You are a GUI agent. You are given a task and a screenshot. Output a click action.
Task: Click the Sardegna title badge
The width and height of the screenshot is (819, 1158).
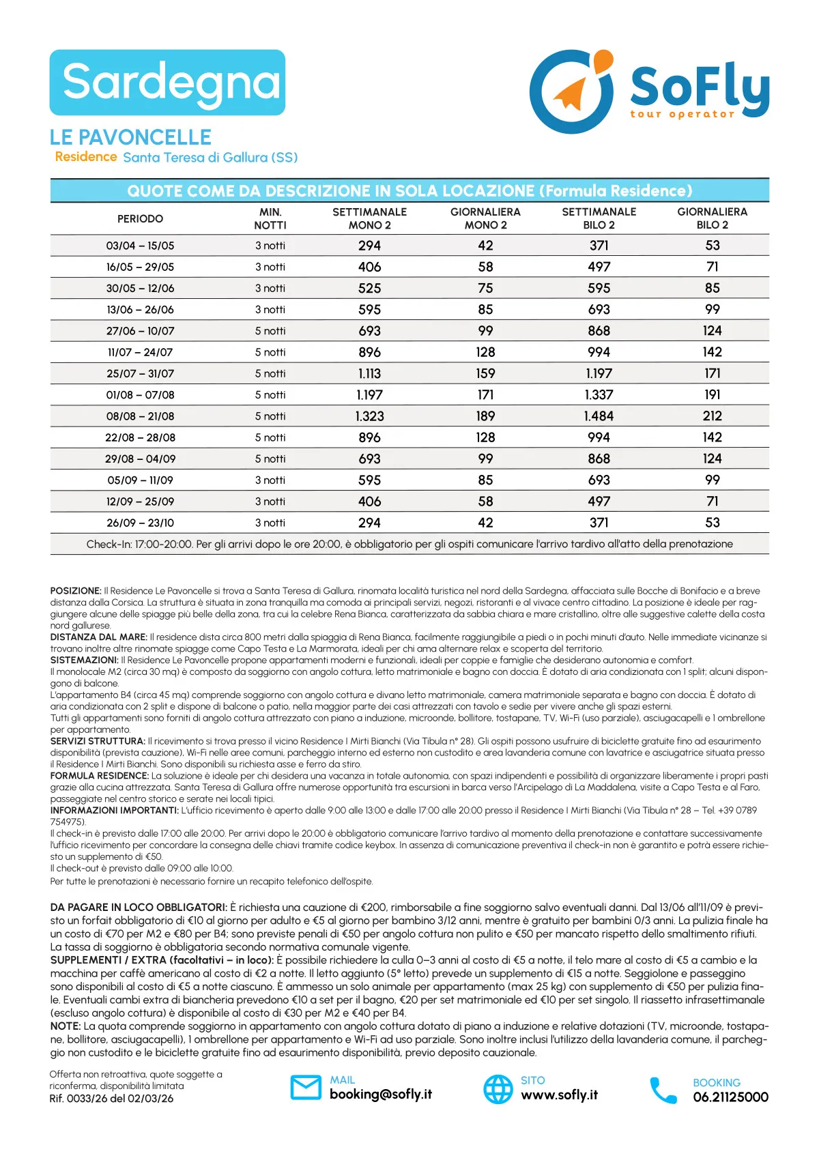pos(167,83)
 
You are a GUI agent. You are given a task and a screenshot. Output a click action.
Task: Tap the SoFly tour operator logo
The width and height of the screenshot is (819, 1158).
pos(649,91)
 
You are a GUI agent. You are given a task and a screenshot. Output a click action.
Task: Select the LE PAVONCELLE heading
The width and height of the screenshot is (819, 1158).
pos(130,137)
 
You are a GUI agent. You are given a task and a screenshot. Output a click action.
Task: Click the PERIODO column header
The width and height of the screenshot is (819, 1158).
pos(140,218)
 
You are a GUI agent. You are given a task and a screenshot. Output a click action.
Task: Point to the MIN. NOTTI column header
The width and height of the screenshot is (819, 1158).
pos(270,218)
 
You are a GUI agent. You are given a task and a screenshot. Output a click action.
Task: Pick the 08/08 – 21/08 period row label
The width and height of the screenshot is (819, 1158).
pos(140,416)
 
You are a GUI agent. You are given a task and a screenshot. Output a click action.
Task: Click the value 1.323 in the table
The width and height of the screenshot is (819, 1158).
pos(369,416)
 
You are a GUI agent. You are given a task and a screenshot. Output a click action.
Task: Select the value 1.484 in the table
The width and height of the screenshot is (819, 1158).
pos(599,416)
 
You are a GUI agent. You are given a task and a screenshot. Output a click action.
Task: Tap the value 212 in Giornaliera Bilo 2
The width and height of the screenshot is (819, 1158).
pos(712,416)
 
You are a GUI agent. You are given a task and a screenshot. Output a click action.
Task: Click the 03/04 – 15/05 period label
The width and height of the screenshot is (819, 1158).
pos(140,246)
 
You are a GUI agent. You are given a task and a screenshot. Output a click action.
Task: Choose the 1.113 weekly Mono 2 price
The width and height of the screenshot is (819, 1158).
pos(369,374)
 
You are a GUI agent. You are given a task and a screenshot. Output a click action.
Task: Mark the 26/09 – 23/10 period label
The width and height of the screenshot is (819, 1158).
pos(140,523)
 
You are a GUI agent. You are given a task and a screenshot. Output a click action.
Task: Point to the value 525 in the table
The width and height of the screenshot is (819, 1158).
pos(369,289)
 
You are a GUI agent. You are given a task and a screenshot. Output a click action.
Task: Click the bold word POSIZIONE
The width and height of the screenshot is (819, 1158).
pos(76,591)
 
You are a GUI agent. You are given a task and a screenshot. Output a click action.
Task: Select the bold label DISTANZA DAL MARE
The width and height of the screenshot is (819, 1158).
pos(99,637)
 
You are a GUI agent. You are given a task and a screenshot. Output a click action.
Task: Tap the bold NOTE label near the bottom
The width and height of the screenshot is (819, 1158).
pos(66,1026)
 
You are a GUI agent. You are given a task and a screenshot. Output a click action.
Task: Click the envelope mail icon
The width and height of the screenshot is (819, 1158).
pos(306,1088)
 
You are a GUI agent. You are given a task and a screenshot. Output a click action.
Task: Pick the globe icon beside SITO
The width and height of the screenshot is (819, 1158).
pos(498,1089)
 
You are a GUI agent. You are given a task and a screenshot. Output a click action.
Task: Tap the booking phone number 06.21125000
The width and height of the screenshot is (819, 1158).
pos(730,1097)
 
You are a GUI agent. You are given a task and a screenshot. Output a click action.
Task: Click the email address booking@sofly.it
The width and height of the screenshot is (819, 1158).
pos(380,1095)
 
